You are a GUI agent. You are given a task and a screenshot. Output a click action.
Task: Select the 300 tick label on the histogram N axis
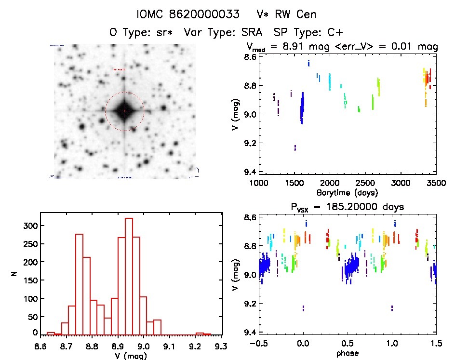point(29,226)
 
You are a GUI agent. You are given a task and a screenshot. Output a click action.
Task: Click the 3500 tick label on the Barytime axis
point(436,184)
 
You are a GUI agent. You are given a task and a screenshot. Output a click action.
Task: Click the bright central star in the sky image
point(124,111)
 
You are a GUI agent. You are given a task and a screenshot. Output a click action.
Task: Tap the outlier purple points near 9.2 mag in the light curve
point(295,147)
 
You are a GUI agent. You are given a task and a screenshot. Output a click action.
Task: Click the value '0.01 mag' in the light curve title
point(416,47)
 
